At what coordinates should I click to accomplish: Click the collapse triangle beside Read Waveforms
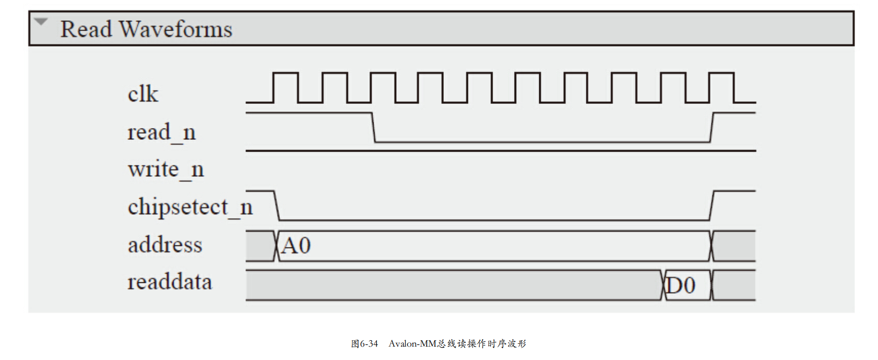(41, 22)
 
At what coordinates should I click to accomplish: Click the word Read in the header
(86, 29)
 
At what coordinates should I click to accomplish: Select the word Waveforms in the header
(176, 29)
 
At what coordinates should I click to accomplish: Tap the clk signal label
(143, 94)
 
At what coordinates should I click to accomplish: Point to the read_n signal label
(161, 132)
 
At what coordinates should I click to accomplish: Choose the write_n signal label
(166, 170)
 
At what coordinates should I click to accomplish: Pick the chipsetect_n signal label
(190, 207)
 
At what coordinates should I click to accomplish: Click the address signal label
(165, 245)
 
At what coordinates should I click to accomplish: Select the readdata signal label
(169, 282)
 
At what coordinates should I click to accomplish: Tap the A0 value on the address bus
(296, 246)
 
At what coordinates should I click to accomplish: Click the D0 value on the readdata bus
(681, 286)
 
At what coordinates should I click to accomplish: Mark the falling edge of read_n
(374, 127)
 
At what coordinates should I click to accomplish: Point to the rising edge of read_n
(712, 127)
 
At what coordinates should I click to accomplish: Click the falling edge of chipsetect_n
(277, 205)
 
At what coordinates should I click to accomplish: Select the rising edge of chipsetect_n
(712, 205)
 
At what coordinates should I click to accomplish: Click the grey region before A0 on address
(261, 246)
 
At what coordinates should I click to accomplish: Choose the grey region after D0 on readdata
(734, 286)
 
